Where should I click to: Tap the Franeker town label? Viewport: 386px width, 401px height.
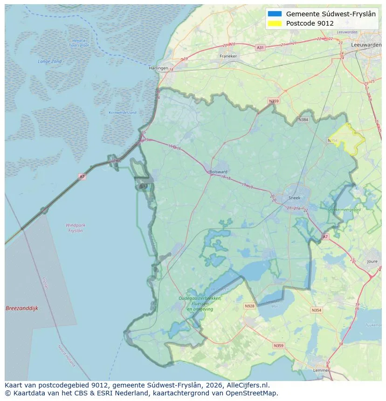tap(228, 56)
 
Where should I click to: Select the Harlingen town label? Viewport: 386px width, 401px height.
tap(158, 68)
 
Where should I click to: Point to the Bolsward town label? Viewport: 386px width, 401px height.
tap(219, 171)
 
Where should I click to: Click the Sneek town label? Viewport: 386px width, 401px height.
tap(295, 197)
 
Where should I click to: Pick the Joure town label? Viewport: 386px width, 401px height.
tap(372, 262)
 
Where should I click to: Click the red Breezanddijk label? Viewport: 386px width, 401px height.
tap(21, 308)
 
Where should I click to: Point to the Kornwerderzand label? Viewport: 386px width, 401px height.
tap(122, 113)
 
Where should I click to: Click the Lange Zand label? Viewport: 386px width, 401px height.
tap(49, 61)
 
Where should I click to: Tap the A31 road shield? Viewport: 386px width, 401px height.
tap(260, 48)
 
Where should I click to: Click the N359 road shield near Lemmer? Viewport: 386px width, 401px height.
tap(278, 346)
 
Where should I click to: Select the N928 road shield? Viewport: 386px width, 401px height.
tap(249, 306)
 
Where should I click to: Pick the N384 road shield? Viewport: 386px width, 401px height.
tap(303, 120)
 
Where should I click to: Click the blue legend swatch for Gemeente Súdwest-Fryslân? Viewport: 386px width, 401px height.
tap(275, 14)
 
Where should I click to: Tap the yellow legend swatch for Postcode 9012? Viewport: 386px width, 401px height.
tap(275, 23)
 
